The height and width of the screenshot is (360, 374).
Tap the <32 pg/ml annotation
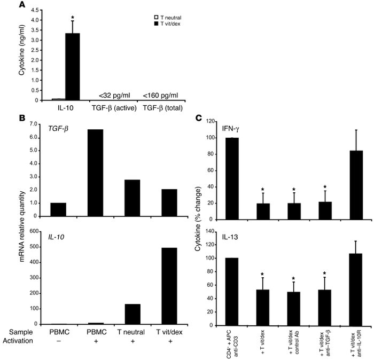[x=114, y=96]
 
